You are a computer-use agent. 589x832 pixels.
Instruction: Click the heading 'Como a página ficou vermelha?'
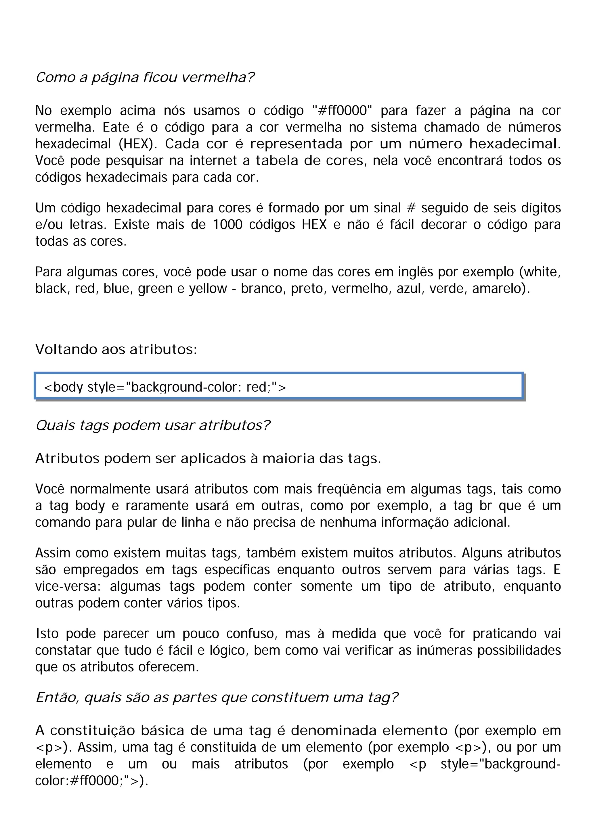[x=145, y=77]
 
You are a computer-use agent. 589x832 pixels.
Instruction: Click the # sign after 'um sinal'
[x=411, y=208]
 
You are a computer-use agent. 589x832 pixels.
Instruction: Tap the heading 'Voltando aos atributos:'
[x=116, y=349]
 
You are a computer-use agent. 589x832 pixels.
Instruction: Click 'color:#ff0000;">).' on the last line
[x=91, y=781]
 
